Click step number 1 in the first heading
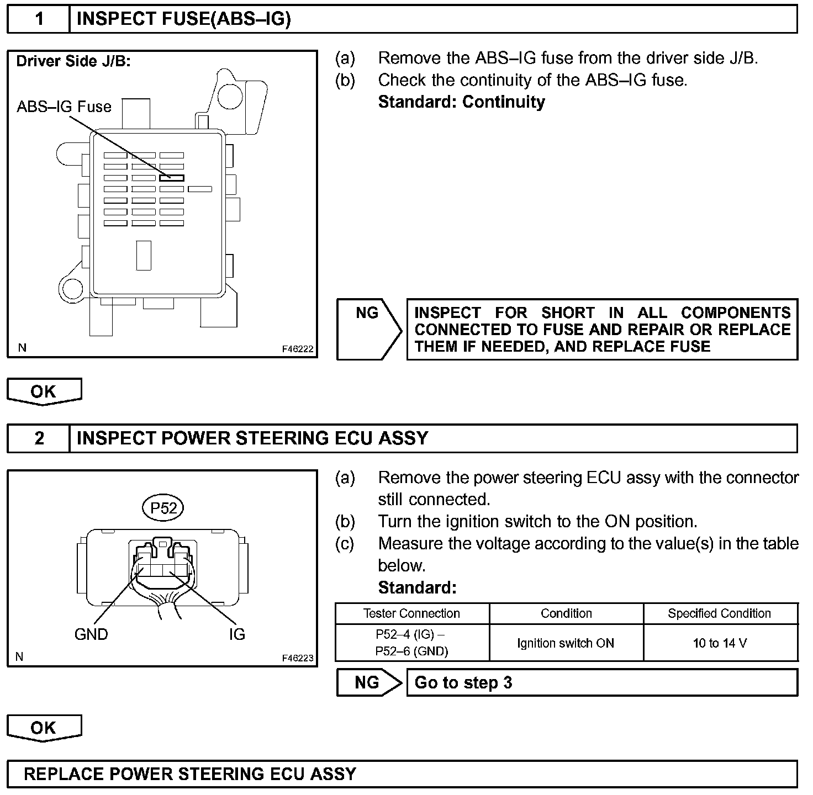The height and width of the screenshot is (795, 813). (39, 19)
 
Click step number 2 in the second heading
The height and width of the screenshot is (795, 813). (39, 438)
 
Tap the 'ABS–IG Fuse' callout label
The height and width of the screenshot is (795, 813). (64, 107)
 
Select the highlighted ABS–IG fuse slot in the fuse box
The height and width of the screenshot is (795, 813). (172, 178)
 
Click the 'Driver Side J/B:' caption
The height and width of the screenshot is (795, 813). (73, 61)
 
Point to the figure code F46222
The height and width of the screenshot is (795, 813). (298, 349)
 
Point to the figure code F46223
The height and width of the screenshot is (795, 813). (298, 658)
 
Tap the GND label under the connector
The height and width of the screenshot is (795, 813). (91, 634)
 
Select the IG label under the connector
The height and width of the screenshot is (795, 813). (237, 634)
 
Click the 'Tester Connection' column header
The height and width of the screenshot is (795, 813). (412, 613)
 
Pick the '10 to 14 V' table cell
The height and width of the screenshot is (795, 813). (720, 643)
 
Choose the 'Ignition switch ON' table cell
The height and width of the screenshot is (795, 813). (566, 643)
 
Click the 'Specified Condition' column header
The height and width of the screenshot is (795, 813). (720, 613)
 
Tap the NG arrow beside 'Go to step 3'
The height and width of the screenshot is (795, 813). (368, 683)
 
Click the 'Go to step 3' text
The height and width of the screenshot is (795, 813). (463, 683)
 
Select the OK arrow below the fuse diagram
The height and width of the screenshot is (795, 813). (44, 391)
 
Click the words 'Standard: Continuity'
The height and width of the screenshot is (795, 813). (462, 102)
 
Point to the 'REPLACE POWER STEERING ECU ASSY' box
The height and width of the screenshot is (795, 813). (402, 774)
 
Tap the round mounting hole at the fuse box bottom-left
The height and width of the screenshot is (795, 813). (72, 288)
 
